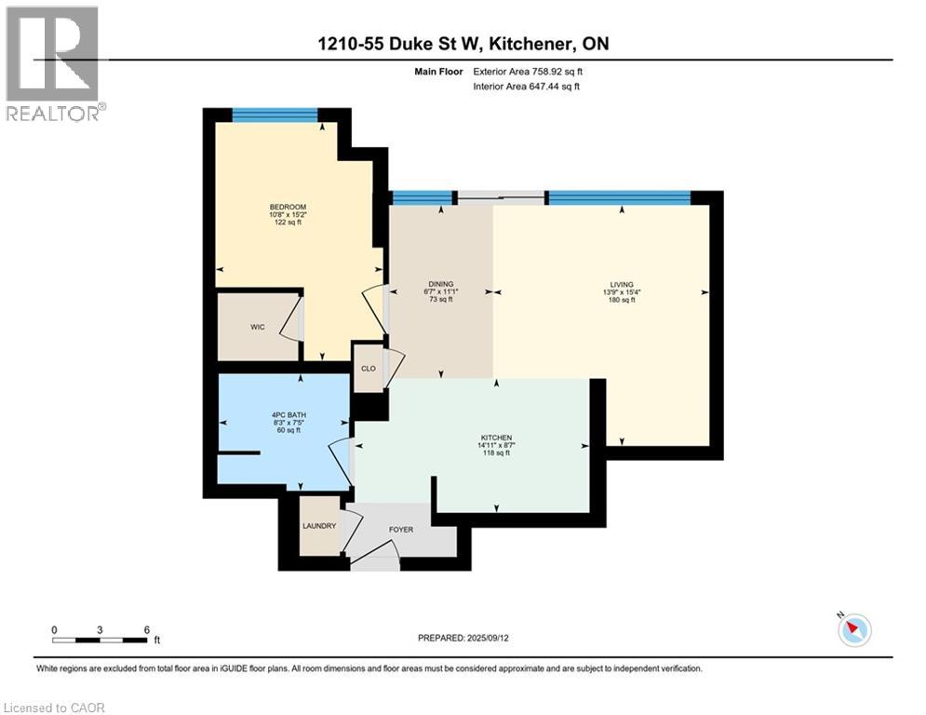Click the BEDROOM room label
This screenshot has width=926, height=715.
(288, 207)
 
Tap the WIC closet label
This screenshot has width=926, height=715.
(258, 327)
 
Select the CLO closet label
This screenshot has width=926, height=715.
(369, 369)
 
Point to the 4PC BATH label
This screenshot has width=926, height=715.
(284, 415)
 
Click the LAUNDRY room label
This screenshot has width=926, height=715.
(318, 526)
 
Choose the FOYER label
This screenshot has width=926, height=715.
(401, 530)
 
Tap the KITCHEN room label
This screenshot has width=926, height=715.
(496, 438)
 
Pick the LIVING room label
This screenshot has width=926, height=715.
(622, 285)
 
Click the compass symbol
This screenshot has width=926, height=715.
(853, 630)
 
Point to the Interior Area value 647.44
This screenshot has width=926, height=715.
(550, 87)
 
